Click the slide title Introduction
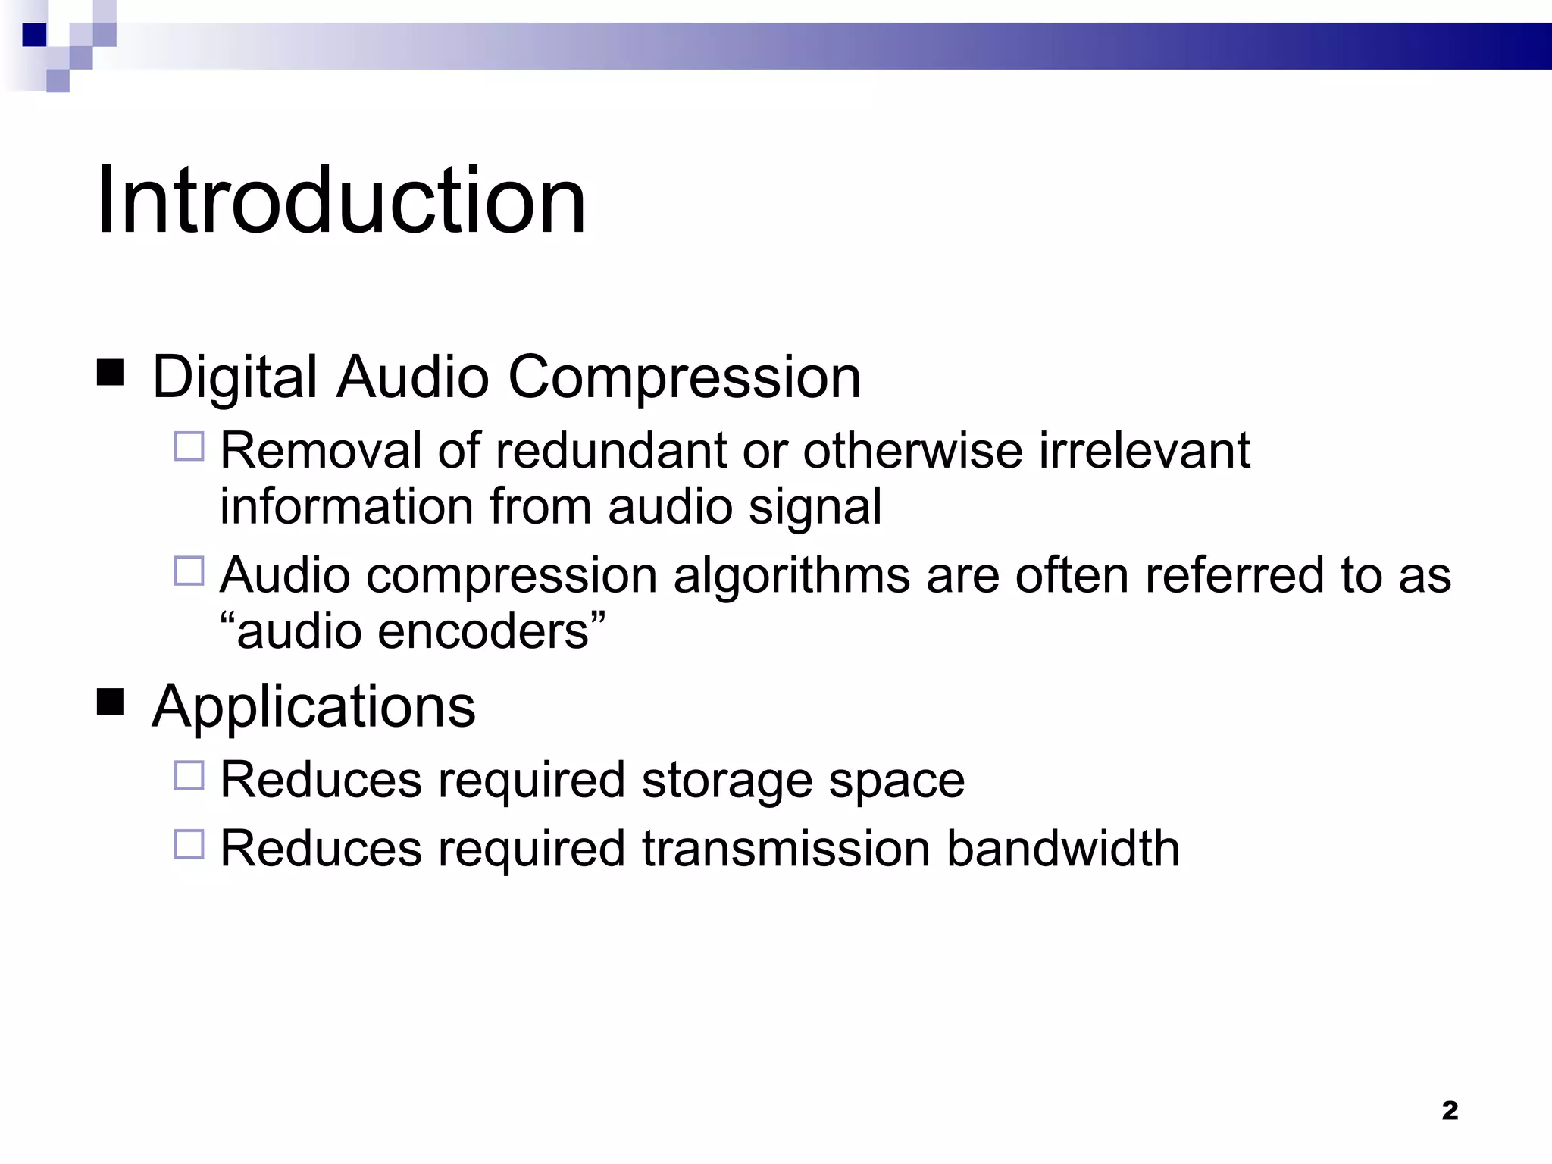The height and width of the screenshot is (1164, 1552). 341,201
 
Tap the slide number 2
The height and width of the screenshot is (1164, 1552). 1449,1110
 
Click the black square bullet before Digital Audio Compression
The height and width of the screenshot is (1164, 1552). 111,374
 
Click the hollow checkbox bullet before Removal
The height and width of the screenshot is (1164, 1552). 189,446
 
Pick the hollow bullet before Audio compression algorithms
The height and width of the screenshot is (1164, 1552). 189,571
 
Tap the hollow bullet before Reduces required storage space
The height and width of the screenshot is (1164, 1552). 189,776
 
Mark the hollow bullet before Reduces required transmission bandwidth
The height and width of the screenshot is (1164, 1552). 189,844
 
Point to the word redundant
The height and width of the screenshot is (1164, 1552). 610,450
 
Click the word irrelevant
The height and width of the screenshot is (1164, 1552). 1144,450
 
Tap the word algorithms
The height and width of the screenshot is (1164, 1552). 791,575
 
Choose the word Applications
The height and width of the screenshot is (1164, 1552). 314,706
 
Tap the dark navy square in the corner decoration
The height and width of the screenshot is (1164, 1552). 35,35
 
